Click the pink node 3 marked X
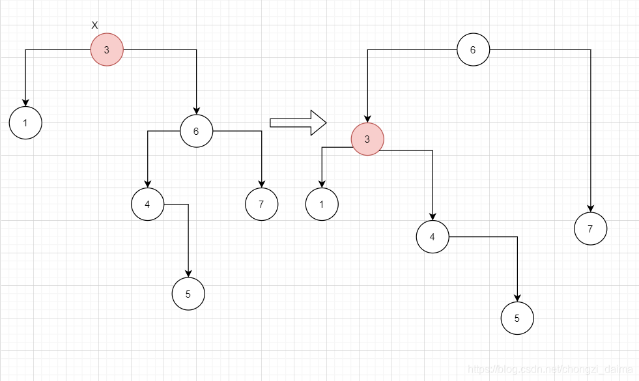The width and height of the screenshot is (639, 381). click(x=107, y=49)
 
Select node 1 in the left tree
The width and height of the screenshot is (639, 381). click(x=25, y=122)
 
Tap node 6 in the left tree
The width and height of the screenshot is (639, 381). click(x=196, y=131)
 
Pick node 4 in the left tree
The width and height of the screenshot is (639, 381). click(x=147, y=204)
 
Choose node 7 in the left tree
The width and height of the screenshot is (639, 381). click(x=261, y=204)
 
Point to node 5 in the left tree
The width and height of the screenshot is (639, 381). click(x=188, y=294)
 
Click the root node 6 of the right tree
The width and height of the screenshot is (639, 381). click(x=473, y=49)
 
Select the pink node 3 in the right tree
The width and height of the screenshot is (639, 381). click(x=367, y=139)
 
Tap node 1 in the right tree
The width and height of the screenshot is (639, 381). click(x=322, y=204)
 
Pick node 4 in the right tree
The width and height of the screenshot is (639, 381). click(x=433, y=236)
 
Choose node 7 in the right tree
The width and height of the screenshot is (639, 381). click(x=591, y=229)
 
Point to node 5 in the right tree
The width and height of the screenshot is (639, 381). click(x=517, y=318)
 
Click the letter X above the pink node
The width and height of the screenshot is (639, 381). click(x=94, y=25)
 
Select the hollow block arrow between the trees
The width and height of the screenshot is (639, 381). click(x=298, y=122)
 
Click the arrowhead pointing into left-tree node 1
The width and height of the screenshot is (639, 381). click(x=25, y=102)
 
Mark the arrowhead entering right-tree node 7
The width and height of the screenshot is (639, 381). click(x=591, y=208)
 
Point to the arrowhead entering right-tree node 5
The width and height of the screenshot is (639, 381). click(x=517, y=298)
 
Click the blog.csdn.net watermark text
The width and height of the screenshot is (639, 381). click(x=550, y=369)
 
